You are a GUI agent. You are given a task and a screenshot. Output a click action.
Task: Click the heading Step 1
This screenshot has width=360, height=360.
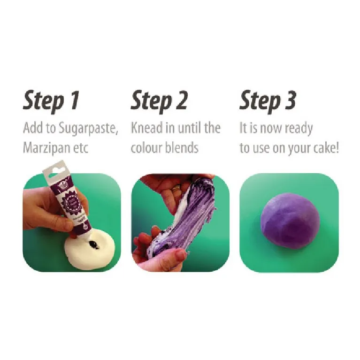pyautogui.click(x=51, y=101)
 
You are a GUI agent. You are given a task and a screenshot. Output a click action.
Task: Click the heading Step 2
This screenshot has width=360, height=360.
pyautogui.click(x=159, y=101)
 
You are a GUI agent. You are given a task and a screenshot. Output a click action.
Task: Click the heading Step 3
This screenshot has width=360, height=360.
pyautogui.click(x=268, y=101)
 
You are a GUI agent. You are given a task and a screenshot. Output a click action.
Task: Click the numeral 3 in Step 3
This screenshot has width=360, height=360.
pyautogui.click(x=290, y=101)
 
